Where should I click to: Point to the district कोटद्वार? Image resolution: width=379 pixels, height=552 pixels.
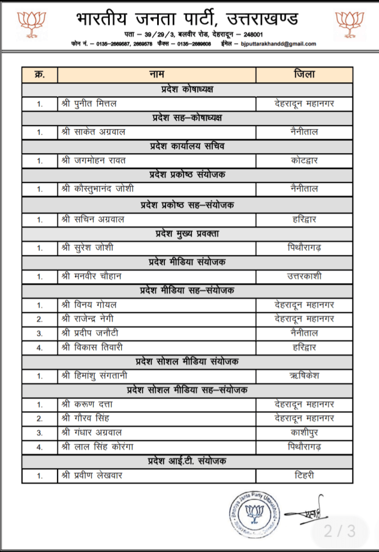pyautogui.click(x=305, y=161)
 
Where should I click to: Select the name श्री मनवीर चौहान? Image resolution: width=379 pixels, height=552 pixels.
pyautogui.click(x=91, y=276)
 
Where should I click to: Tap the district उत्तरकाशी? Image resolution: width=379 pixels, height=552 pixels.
pyautogui.click(x=305, y=276)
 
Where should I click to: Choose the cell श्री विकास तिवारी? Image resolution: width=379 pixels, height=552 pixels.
pyautogui.click(x=91, y=348)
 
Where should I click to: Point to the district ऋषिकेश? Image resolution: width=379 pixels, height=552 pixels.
pyautogui.click(x=305, y=376)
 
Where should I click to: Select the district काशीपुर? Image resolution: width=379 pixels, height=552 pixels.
pyautogui.click(x=305, y=433)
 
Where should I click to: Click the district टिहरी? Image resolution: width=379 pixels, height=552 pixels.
pyautogui.click(x=305, y=475)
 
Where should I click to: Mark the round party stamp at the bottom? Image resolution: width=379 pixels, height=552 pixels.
pyautogui.click(x=253, y=512)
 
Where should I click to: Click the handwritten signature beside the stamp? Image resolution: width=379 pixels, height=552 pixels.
pyautogui.click(x=304, y=511)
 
